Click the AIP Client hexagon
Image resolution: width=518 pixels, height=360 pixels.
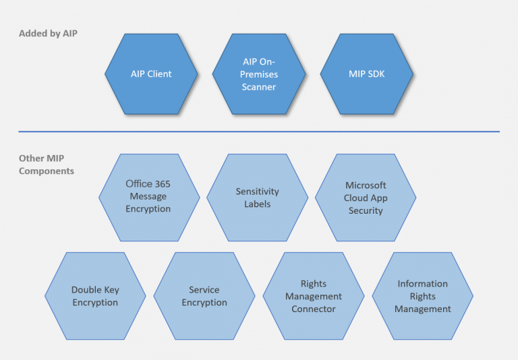click(x=151, y=73)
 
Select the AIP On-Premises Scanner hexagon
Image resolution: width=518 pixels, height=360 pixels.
click(x=259, y=73)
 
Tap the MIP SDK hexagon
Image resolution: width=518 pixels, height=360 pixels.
click(x=367, y=73)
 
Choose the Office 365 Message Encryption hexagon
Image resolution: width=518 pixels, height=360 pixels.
click(x=148, y=196)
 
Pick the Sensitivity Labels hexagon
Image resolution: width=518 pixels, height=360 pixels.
click(x=257, y=198)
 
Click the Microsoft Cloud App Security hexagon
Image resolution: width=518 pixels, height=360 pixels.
click(x=366, y=198)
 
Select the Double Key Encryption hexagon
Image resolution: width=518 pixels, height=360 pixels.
click(x=95, y=296)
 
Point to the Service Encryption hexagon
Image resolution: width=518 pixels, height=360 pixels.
click(x=204, y=296)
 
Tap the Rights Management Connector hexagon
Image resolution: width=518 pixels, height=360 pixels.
click(x=313, y=297)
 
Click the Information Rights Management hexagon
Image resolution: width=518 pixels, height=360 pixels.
click(x=422, y=297)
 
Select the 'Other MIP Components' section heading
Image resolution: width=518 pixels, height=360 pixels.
click(x=46, y=164)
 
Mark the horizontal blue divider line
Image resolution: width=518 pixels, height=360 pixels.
click(x=259, y=131)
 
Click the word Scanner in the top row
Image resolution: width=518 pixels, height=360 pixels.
click(x=259, y=87)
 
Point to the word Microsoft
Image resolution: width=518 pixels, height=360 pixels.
click(x=366, y=185)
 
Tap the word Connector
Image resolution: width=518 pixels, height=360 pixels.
click(x=313, y=309)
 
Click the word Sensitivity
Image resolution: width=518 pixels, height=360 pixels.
click(x=257, y=191)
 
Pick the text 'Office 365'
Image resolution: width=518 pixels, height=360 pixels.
click(x=148, y=183)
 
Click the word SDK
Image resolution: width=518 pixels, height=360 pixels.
click(x=376, y=73)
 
